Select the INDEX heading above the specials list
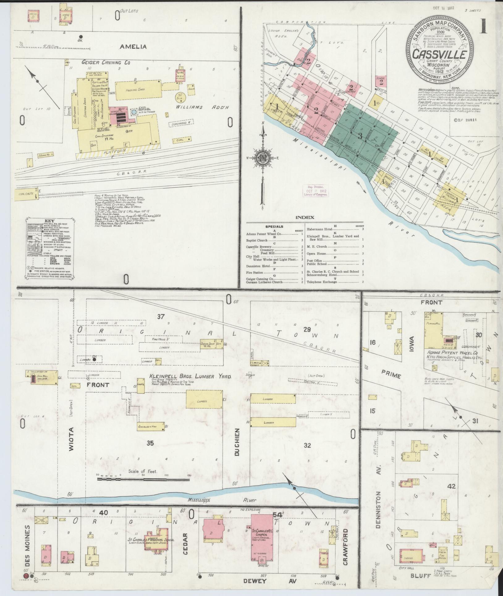tap(305, 217)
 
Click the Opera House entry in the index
tap(317, 253)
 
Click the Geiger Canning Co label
tap(105, 62)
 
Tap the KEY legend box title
tap(49, 221)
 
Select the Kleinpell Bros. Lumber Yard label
tap(190, 376)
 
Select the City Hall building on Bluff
tap(412, 557)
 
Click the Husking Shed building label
tap(135, 90)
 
